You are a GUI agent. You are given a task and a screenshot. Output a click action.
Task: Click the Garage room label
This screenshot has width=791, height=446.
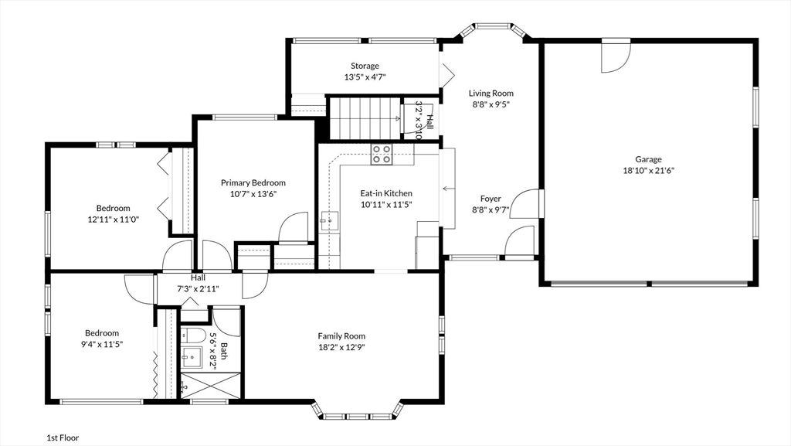[648, 159]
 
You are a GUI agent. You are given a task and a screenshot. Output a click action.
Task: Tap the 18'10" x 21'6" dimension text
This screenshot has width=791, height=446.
[648, 171]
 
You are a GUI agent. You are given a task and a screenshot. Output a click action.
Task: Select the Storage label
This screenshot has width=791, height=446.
[365, 66]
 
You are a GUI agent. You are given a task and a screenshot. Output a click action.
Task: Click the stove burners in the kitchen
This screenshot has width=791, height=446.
[382, 154]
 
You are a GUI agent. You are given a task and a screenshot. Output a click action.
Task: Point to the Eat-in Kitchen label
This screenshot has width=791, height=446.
[386, 193]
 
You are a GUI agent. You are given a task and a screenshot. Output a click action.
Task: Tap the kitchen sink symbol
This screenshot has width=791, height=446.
[329, 221]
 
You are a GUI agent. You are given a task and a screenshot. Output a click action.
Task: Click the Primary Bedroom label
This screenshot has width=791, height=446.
[253, 182]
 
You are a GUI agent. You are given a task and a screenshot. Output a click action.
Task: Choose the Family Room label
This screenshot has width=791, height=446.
[341, 336]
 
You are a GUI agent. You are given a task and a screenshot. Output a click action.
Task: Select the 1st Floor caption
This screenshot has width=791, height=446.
[63, 438]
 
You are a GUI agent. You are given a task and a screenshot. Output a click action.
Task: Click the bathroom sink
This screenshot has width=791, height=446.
[192, 358]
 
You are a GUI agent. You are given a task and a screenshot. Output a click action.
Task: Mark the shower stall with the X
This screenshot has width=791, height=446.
[211, 386]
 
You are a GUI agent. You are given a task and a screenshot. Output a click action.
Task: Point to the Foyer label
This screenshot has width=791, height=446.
[491, 199]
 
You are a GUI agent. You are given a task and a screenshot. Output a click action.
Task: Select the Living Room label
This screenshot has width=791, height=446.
[491, 93]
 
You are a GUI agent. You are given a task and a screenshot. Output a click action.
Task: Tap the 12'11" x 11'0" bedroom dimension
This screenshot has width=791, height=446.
[113, 220]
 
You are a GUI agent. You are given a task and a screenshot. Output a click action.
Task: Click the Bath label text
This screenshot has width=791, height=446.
[224, 351]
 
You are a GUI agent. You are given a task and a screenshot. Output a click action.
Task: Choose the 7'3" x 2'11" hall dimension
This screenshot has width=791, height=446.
[198, 289]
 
